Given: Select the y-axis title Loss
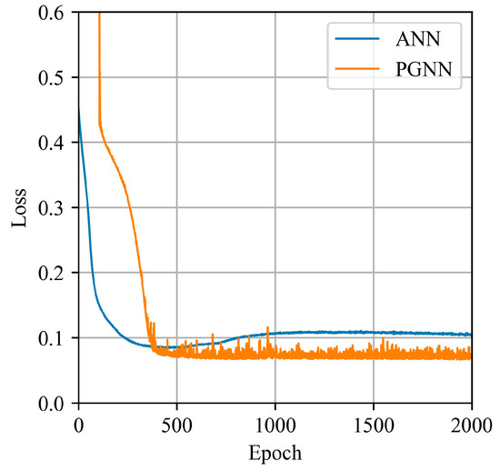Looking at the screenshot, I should tap(19, 206).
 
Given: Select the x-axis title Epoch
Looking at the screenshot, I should tap(275, 453).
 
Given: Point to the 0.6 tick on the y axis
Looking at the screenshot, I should tap(53, 13).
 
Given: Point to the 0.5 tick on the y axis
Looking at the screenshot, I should tap(53, 78).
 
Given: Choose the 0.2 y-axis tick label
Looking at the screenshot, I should tap(53, 273).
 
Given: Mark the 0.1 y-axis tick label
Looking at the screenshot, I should tap(53, 338).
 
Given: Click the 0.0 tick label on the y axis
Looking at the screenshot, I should tap(53, 403).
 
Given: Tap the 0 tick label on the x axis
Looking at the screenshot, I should tap(78, 423).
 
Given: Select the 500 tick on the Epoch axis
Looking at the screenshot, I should tap(176, 423).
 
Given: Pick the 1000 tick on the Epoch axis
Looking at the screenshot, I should tap(275, 423).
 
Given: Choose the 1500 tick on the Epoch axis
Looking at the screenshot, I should tap(374, 423).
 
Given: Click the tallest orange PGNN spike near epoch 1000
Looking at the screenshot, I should tap(267, 328).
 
